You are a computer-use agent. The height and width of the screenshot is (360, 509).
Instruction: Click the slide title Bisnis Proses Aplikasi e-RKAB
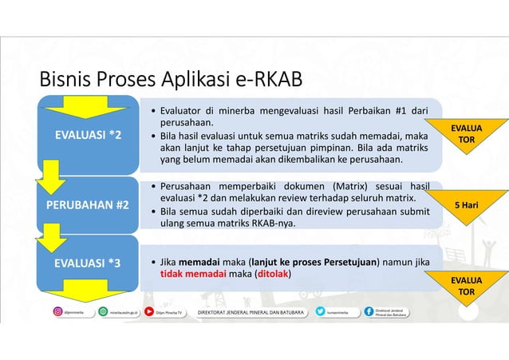pyautogui.click(x=165, y=81)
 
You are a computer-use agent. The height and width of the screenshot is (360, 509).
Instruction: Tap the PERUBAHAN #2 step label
pyautogui.click(x=89, y=204)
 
